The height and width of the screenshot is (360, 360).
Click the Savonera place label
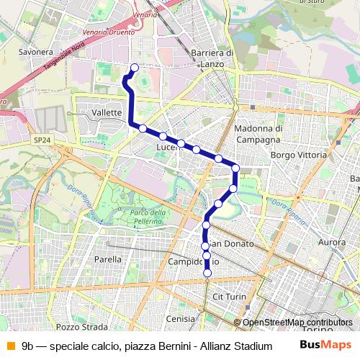tap(36, 53)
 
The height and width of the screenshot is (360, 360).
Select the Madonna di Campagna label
tap(257, 133)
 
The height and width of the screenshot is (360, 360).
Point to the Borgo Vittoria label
tap(294, 155)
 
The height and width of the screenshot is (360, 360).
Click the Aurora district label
tap(332, 243)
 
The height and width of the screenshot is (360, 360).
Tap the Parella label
tap(107, 259)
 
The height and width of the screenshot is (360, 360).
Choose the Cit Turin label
tap(230, 297)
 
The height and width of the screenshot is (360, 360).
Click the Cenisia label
tap(180, 318)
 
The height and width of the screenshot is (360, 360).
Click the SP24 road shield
tap(42, 141)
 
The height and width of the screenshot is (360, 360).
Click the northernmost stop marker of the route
tap(134, 68)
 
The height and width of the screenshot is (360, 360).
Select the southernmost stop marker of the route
tap(208, 273)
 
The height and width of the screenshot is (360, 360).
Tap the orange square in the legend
tap(9, 346)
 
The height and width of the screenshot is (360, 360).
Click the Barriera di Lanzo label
tap(213, 58)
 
